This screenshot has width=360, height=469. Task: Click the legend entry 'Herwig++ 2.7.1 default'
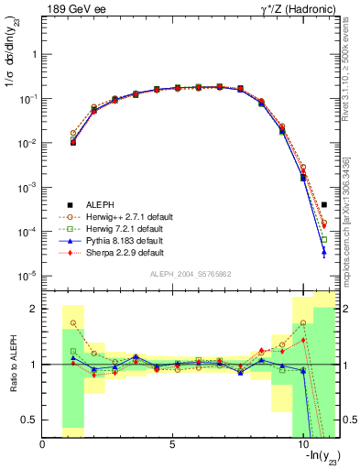pyautogui.click(x=115, y=216)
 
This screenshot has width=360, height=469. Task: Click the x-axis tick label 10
pyautogui.click(x=302, y=445)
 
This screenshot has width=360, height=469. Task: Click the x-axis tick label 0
pyautogui.click(x=43, y=445)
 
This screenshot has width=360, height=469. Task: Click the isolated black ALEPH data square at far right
pyautogui.click(x=324, y=204)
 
